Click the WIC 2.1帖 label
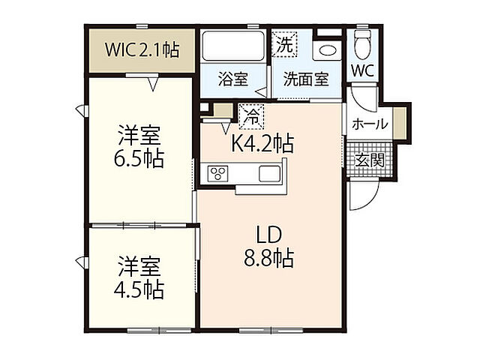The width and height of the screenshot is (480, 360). coord(142,50)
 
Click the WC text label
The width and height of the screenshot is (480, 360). coord(363,71)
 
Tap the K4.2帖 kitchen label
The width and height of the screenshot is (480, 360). coord(262,142)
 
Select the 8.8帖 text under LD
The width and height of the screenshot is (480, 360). coord(268,259)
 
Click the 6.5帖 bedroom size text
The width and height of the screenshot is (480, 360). coord(140,159)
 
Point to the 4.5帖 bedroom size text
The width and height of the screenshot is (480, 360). coord(140,288)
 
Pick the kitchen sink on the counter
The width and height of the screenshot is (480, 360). coord(269,173)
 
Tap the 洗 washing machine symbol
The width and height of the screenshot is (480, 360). coord(284,43)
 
